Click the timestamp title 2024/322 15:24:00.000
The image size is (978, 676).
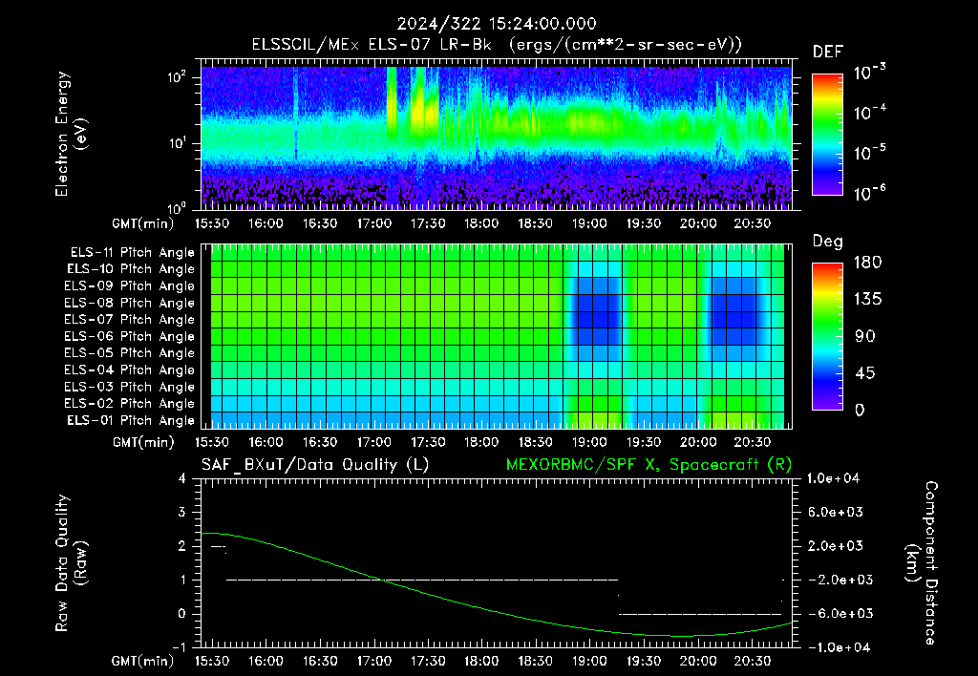point(497,24)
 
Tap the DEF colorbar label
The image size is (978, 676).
point(828,52)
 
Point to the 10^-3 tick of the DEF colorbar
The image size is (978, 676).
point(870,73)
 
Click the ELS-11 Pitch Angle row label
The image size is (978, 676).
point(132,253)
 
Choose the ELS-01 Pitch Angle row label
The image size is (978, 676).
point(131,421)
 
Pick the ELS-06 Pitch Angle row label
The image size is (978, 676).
point(130,337)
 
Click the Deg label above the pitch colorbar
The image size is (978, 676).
point(828,242)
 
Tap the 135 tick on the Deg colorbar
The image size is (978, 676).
point(867,299)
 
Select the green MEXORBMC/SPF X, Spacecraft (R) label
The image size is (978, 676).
point(648,465)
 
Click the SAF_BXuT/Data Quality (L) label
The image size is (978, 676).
point(315,465)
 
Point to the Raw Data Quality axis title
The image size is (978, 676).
point(71,563)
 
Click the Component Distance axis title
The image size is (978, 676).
point(922,563)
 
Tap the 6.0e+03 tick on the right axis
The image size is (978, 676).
point(835,512)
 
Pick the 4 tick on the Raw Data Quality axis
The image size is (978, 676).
point(182,478)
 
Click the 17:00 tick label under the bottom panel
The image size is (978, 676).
point(374,661)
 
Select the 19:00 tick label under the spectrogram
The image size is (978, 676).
point(589,223)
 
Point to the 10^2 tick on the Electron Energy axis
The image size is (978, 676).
point(177,78)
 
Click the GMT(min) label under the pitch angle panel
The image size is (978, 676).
point(143,442)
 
